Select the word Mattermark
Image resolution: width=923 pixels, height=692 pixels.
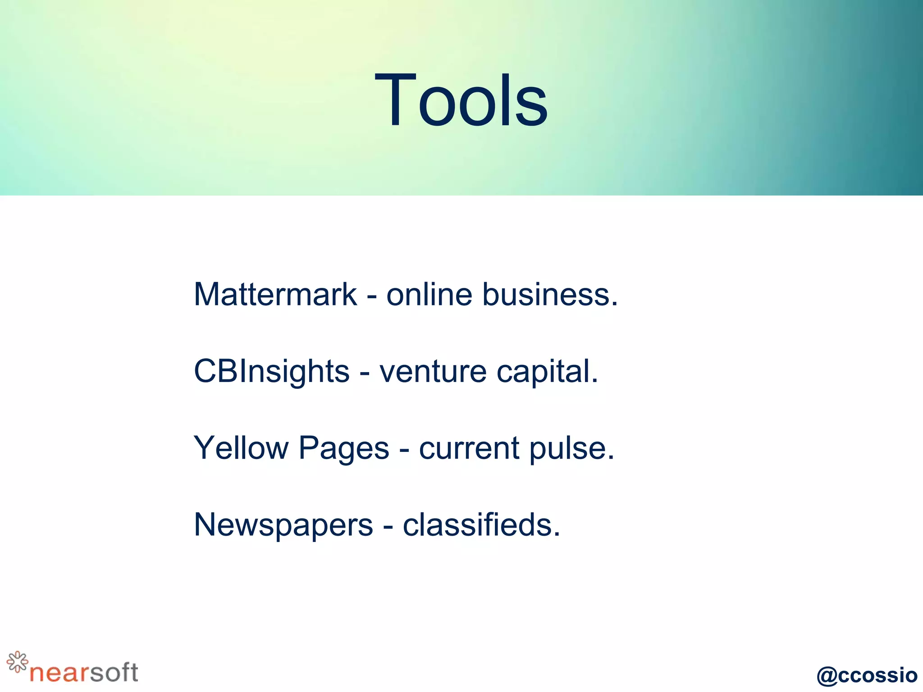(x=275, y=294)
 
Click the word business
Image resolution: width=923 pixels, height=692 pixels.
(x=550, y=294)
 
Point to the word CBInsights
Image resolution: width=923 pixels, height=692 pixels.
(x=272, y=372)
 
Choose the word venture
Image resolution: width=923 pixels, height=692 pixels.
(x=433, y=372)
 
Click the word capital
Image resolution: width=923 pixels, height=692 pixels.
(x=547, y=372)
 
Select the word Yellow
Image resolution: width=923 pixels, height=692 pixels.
(x=241, y=448)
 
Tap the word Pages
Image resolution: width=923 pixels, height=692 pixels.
(x=343, y=448)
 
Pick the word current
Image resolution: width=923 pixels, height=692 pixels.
(x=469, y=448)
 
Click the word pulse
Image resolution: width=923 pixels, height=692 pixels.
(x=571, y=448)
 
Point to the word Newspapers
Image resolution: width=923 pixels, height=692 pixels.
(x=283, y=525)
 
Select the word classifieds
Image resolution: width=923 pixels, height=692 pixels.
(x=481, y=525)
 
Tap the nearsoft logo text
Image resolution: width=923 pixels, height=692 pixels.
(x=84, y=673)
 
